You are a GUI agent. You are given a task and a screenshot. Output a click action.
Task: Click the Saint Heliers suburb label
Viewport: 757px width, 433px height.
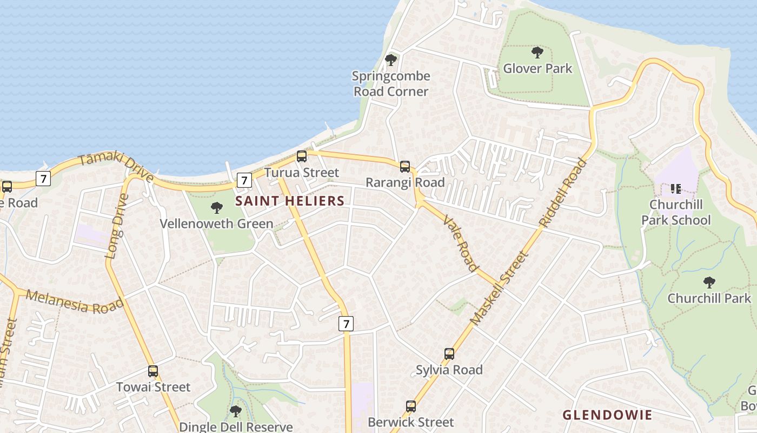290,201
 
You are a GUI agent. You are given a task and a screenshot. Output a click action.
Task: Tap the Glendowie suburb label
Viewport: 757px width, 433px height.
607,415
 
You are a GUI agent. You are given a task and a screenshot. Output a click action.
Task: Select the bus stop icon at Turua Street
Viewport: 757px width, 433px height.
302,156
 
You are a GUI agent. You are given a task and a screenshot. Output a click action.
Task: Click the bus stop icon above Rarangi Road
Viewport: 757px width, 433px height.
405,167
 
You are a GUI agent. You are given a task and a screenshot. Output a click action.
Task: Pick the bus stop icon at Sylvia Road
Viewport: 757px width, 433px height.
449,354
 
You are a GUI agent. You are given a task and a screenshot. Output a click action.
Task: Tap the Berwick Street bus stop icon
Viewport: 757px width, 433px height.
411,406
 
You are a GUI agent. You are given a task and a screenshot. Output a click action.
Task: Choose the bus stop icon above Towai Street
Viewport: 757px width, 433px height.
153,371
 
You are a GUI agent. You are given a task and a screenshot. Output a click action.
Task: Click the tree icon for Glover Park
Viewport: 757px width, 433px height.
537,53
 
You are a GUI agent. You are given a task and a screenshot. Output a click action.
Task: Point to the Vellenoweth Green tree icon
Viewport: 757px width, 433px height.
217,207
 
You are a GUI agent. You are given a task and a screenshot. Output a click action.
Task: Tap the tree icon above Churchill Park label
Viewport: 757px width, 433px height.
709,282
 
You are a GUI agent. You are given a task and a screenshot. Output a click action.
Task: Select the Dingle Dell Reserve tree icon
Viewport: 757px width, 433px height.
235,411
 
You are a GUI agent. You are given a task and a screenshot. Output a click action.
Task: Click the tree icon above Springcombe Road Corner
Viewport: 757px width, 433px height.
390,60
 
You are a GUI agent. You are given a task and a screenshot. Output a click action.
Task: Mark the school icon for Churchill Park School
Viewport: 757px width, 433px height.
675,189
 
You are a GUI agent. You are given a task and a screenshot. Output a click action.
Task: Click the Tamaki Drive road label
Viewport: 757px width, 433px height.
116,166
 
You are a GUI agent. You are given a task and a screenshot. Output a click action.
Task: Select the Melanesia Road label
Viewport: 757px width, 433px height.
75,302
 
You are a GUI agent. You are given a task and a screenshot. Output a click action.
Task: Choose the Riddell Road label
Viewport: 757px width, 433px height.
563,192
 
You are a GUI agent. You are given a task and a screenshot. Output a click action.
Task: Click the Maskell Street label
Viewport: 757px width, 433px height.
498,288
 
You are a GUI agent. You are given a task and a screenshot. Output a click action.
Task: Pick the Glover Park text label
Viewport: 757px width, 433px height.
537,69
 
